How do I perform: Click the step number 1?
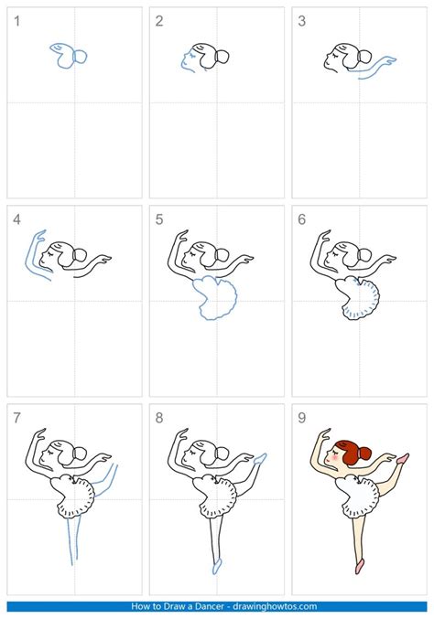click(x=16, y=21)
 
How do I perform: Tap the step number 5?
click(x=159, y=219)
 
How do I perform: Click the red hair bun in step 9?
click(x=364, y=453)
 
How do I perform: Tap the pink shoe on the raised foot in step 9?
click(x=402, y=455)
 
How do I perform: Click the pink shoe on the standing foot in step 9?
click(x=359, y=565)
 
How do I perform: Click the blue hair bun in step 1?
click(x=80, y=57)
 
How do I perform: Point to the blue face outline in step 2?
click(x=186, y=61)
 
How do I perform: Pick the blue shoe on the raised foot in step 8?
click(x=260, y=456)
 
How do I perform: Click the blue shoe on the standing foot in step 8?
click(x=216, y=566)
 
